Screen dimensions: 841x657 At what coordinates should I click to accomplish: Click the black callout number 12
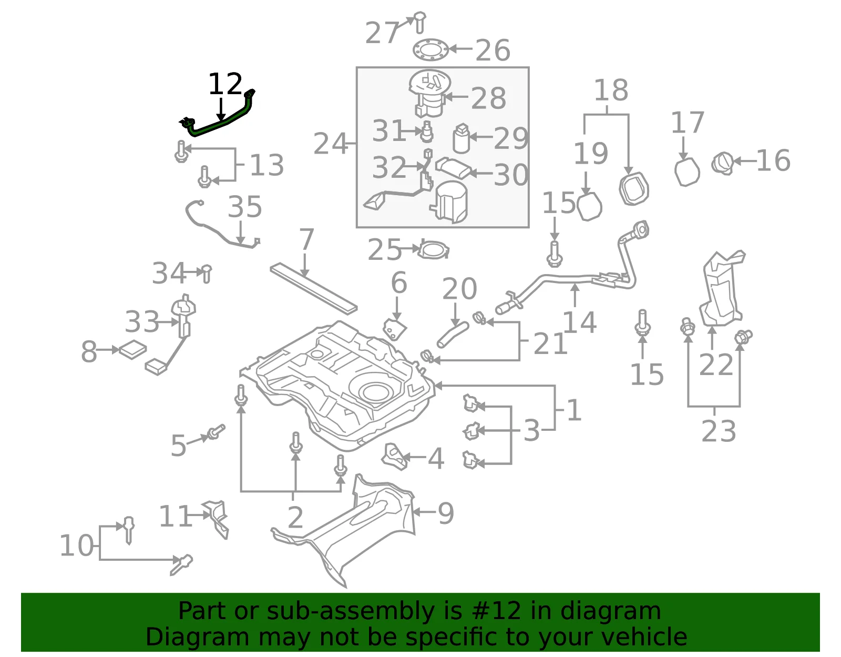point(225,84)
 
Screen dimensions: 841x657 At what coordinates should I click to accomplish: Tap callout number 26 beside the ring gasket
point(493,50)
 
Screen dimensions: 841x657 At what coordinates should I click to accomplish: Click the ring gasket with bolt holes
point(430,49)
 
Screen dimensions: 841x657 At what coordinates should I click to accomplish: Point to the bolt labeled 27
point(419,22)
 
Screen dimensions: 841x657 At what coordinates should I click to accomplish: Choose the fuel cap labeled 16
point(723,164)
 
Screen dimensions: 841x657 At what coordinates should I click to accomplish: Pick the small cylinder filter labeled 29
point(461,138)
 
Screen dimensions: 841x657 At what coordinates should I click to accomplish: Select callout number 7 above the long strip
point(306,240)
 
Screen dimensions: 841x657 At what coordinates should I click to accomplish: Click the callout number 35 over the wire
point(244,206)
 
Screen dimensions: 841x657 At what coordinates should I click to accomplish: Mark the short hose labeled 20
point(453,335)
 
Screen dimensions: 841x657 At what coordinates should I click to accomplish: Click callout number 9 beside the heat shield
point(446,513)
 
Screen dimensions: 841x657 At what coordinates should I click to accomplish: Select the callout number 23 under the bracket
point(719,431)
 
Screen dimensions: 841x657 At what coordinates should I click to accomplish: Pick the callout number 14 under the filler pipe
point(579,322)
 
